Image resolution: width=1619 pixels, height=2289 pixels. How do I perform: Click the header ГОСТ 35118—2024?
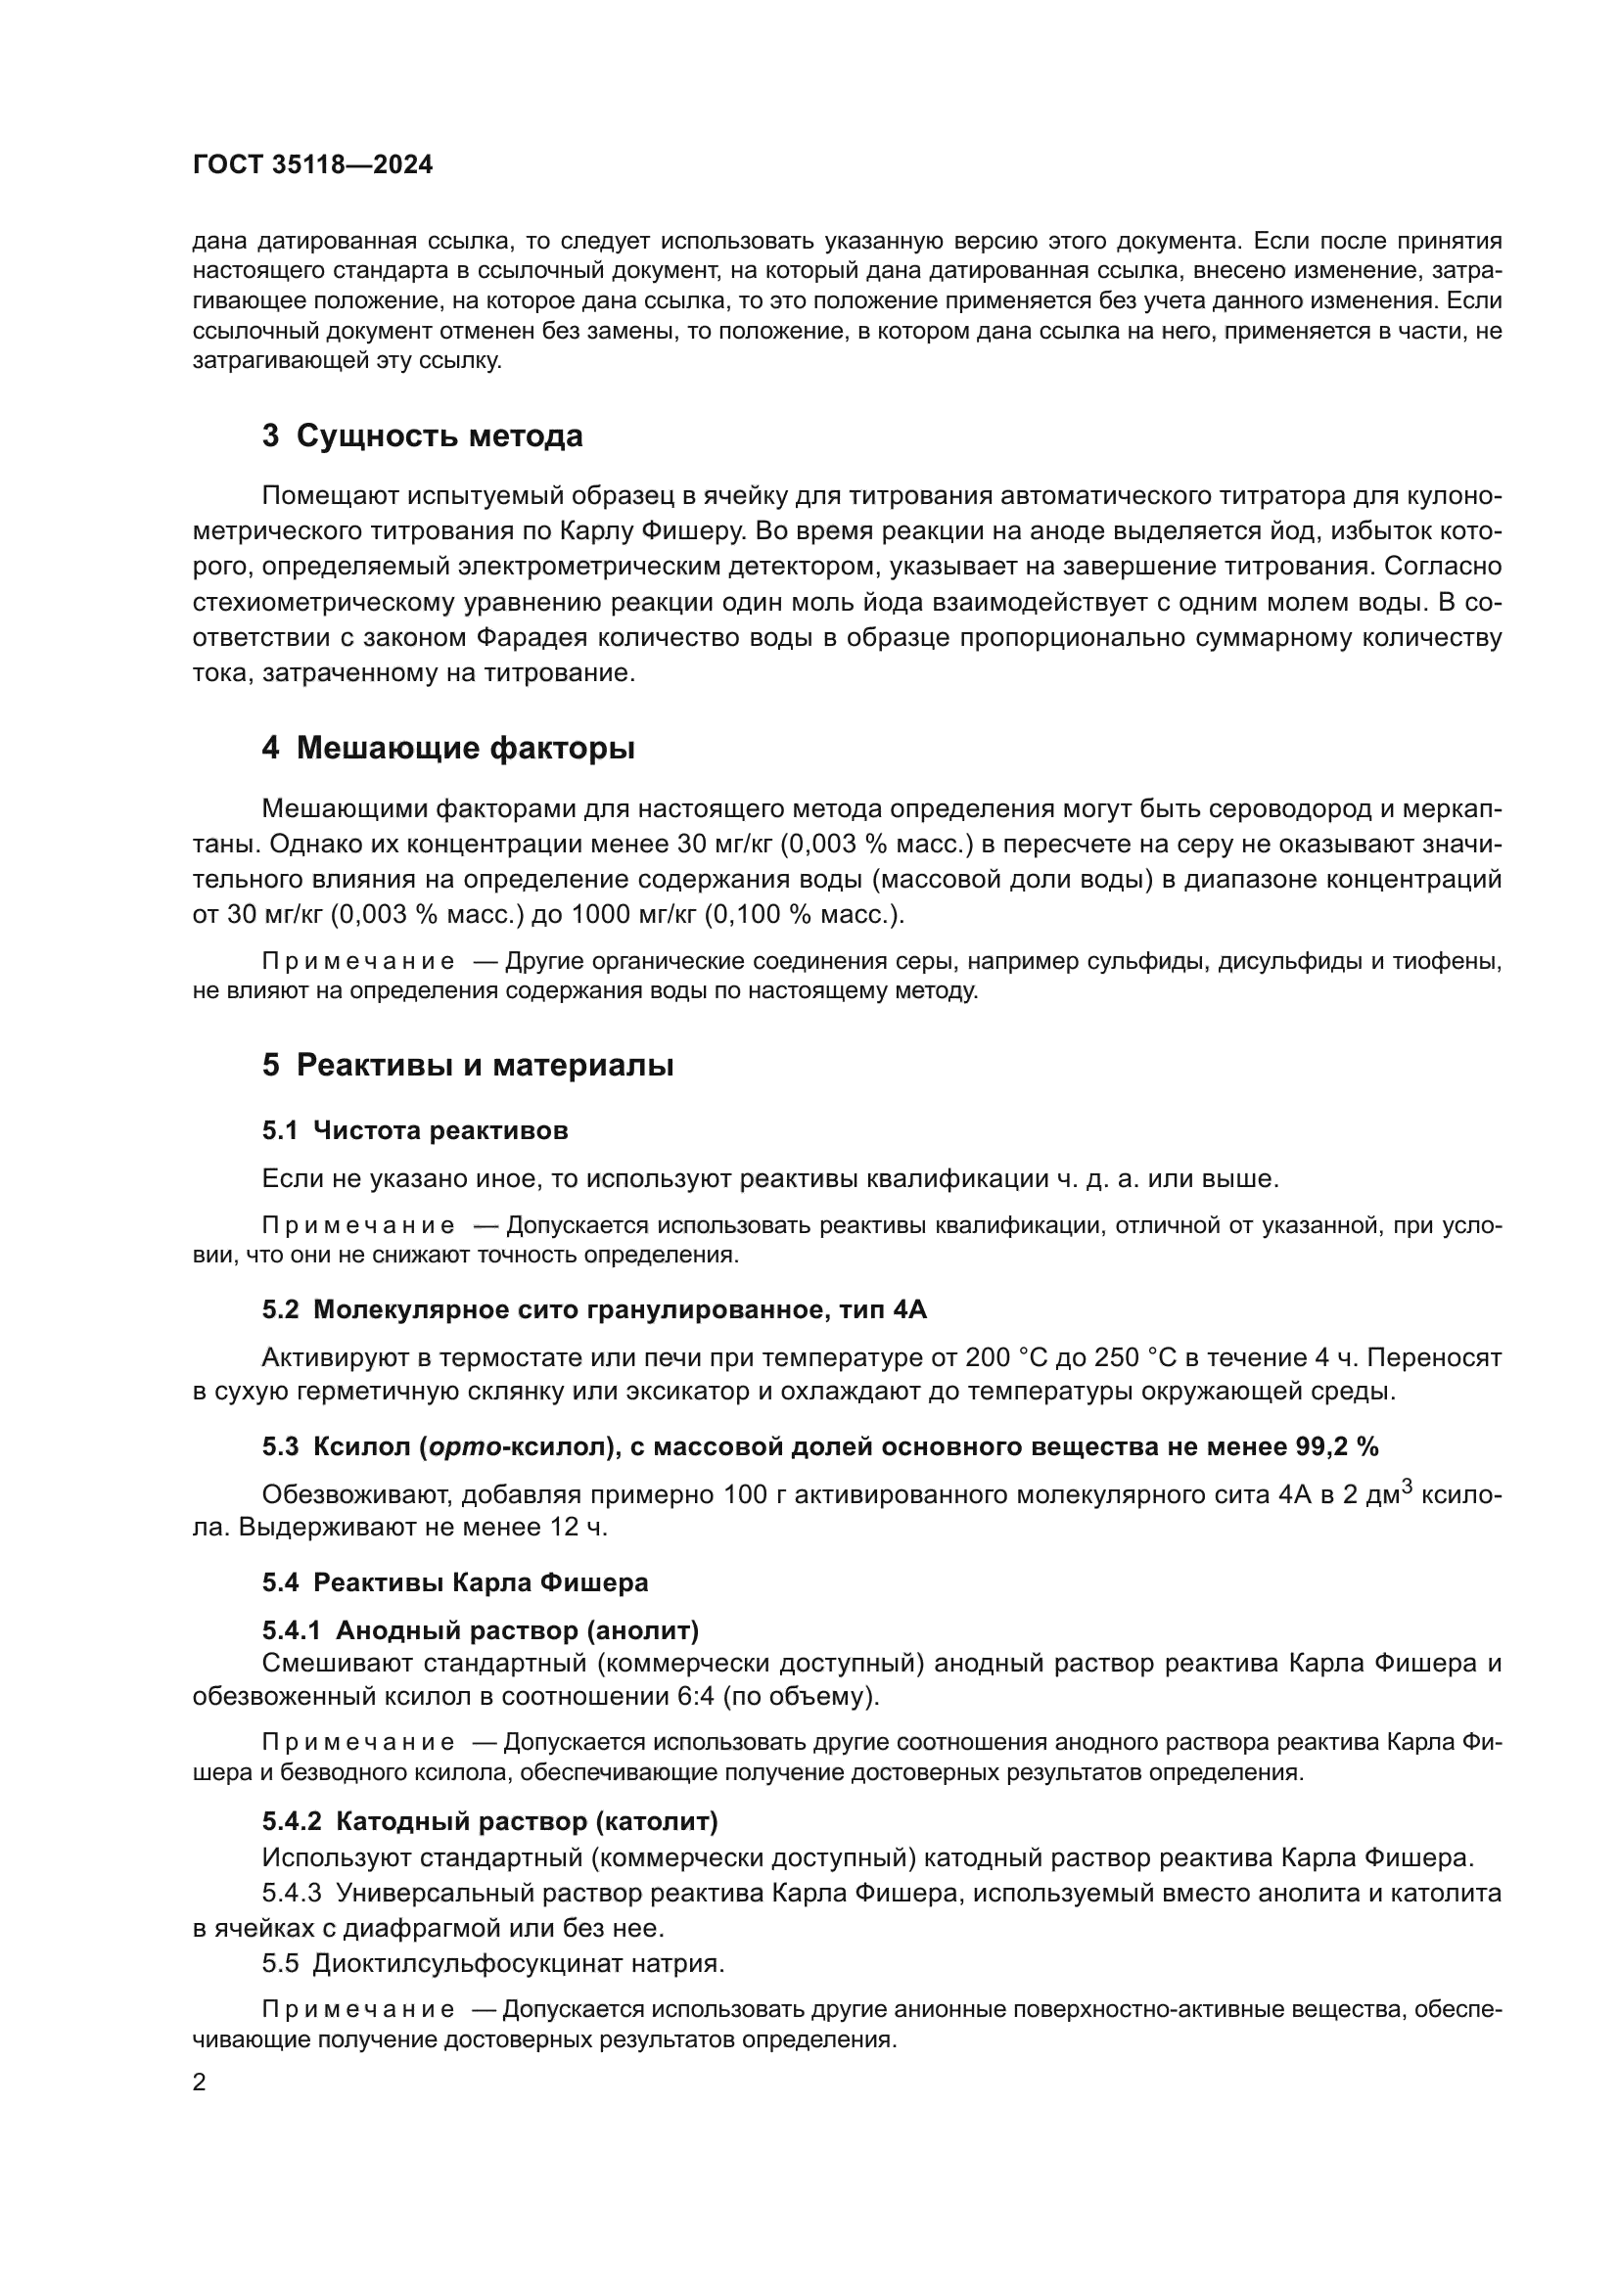click(312, 165)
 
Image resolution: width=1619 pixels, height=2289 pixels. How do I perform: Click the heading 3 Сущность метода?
click(422, 436)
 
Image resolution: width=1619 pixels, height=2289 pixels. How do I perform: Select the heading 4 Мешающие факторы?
click(447, 748)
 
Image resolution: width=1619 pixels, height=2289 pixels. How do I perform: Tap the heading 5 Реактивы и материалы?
click(468, 1066)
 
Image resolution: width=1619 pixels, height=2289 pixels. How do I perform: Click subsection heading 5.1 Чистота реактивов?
click(415, 1130)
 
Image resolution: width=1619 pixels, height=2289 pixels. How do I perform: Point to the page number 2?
click(200, 2083)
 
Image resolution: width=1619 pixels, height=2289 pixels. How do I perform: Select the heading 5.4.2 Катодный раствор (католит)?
click(489, 1821)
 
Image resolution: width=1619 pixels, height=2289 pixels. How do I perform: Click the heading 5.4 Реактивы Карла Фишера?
click(454, 1582)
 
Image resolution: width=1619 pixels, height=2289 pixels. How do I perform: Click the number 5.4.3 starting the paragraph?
click(291, 1893)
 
